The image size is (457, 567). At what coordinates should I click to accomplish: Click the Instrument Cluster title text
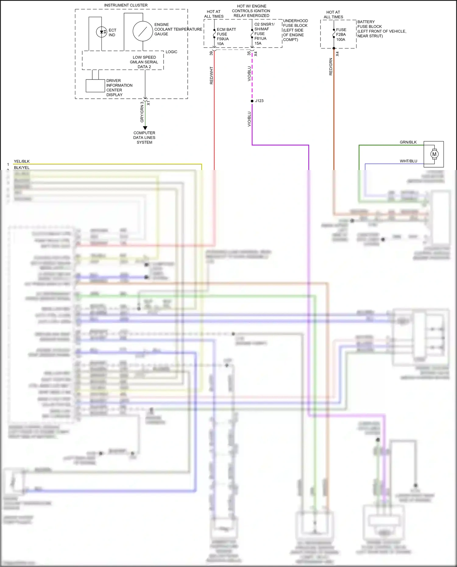click(x=126, y=5)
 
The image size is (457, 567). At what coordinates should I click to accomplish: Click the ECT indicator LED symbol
click(x=101, y=32)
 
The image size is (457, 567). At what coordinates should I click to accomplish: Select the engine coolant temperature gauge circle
click(x=143, y=31)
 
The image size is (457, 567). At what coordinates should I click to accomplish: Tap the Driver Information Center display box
click(x=95, y=86)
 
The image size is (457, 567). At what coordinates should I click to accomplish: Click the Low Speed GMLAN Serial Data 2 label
click(x=144, y=62)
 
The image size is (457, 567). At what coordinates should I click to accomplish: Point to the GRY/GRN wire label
click(x=142, y=112)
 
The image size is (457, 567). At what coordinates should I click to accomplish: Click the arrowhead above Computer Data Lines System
click(x=145, y=128)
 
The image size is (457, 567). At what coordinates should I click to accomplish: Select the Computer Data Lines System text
click(x=144, y=137)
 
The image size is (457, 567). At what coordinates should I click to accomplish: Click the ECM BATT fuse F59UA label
click(x=226, y=36)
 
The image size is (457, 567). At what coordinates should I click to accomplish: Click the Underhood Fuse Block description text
click(x=295, y=30)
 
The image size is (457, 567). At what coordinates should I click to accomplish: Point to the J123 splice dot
click(x=252, y=101)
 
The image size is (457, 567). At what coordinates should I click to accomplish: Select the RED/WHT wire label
click(x=211, y=76)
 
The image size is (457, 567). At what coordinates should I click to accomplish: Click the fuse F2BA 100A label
click(x=341, y=34)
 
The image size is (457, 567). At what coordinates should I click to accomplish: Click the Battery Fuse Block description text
click(x=381, y=29)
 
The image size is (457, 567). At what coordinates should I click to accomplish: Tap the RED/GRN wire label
click(x=331, y=67)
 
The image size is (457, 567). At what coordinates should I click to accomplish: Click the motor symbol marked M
click(x=434, y=154)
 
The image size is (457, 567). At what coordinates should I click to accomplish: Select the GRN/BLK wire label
click(x=408, y=142)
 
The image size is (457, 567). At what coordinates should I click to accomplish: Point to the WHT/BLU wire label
click(x=408, y=161)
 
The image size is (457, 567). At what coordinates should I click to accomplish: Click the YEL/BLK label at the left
click(x=22, y=161)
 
